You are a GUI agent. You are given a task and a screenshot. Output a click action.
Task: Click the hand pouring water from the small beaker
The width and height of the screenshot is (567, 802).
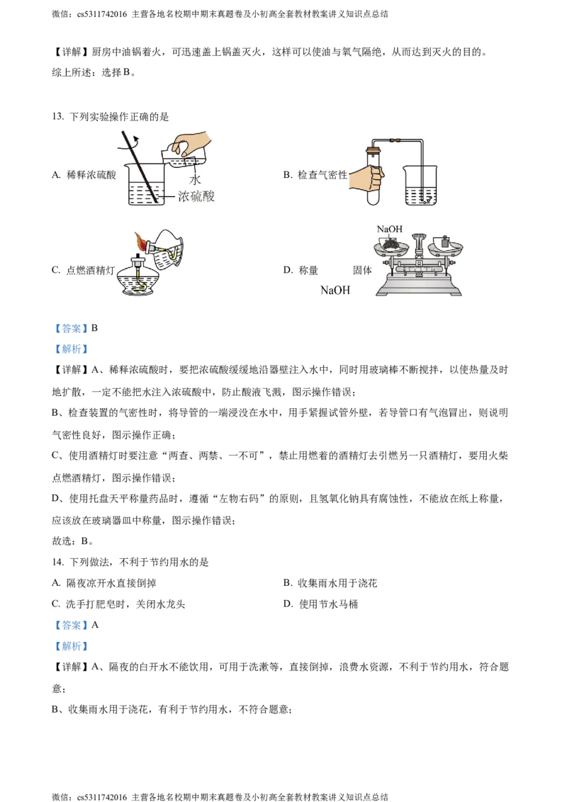point(189,142)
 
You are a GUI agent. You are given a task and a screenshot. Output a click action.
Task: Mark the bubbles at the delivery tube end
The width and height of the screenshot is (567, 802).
point(425,199)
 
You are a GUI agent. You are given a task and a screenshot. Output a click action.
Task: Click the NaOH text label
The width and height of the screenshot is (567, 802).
point(389,230)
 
